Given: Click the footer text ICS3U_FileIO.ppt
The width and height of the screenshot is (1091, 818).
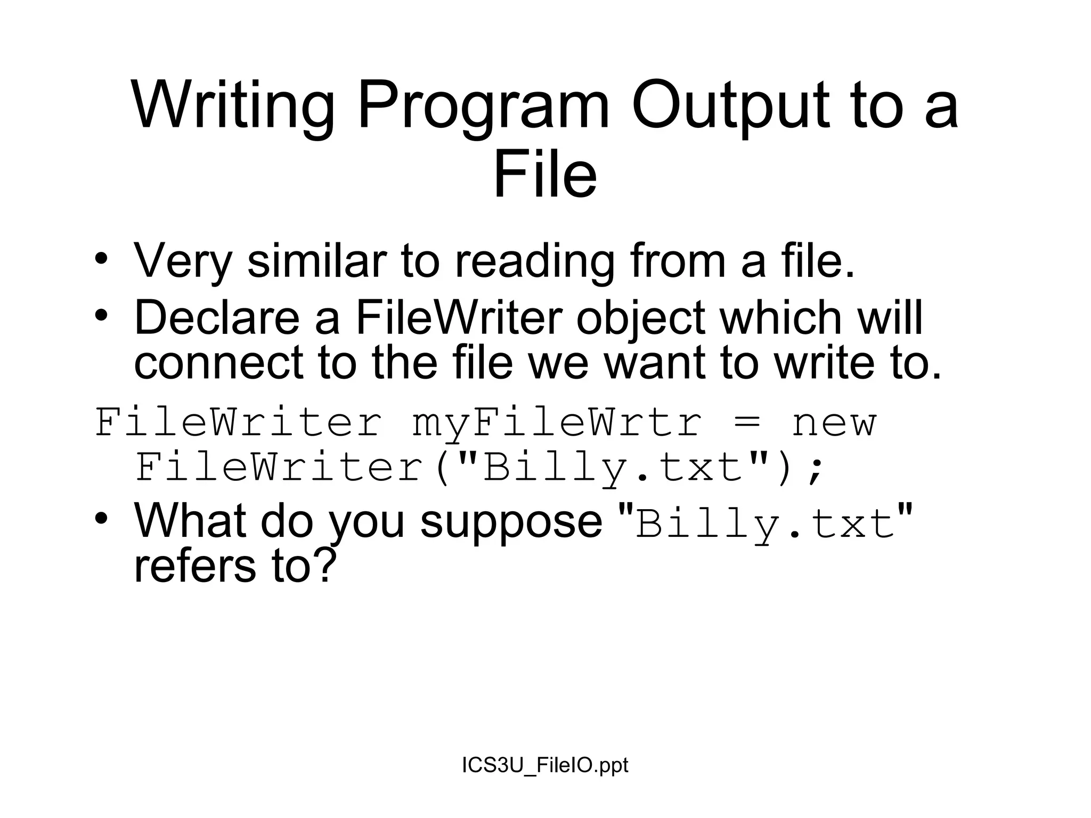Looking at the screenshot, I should coord(545,765).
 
